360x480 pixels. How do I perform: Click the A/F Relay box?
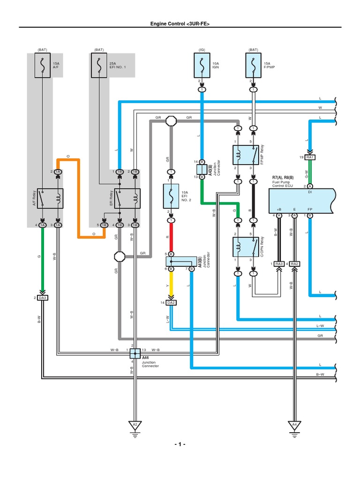(x=50, y=199)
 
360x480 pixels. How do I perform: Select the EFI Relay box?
(x=127, y=199)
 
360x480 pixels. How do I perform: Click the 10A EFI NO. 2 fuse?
(x=171, y=196)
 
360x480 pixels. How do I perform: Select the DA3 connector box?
(x=43, y=298)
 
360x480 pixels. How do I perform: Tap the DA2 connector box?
(x=171, y=303)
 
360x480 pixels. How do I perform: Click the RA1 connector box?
(x=310, y=157)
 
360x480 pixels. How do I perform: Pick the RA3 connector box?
(x=279, y=264)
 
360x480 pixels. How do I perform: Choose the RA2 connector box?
(x=294, y=264)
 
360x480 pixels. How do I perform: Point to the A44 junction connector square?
(x=135, y=352)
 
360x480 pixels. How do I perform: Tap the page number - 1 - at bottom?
(x=180, y=444)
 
